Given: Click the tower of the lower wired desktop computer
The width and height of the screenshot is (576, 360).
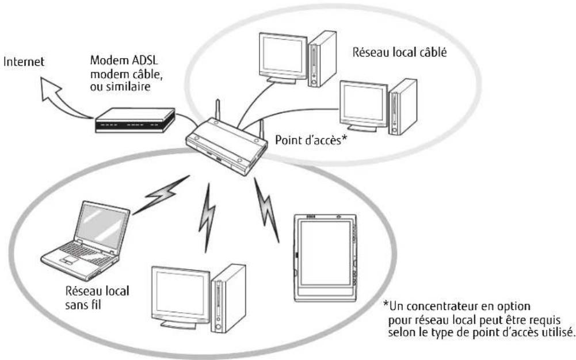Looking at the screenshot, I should [402, 106].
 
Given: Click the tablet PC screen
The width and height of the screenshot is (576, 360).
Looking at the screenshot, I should [323, 259].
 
